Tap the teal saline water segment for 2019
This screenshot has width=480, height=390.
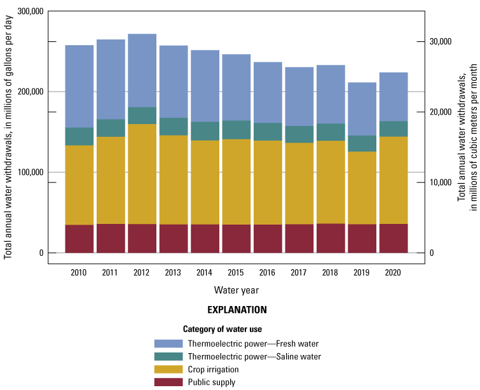(360, 143)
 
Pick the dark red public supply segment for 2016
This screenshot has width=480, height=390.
(267, 239)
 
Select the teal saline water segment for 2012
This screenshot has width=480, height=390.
(142, 116)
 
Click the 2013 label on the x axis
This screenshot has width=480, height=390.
(173, 272)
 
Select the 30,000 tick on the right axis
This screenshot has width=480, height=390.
(441, 42)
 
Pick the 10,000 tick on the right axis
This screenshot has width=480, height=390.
(441, 183)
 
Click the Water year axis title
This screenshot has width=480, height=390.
(236, 290)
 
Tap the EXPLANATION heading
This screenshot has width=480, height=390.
(237, 310)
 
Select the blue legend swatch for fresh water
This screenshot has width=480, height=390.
(168, 344)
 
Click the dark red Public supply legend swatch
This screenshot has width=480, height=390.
(168, 382)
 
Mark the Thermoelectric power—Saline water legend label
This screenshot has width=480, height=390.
(254, 356)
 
